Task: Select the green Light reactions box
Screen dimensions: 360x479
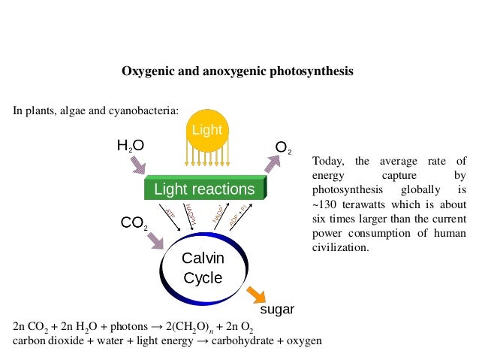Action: tap(204, 189)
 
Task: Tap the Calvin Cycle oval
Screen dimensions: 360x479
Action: tap(203, 268)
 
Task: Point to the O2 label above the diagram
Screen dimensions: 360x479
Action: tap(284, 148)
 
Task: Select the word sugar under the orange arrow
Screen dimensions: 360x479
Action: tap(277, 309)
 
